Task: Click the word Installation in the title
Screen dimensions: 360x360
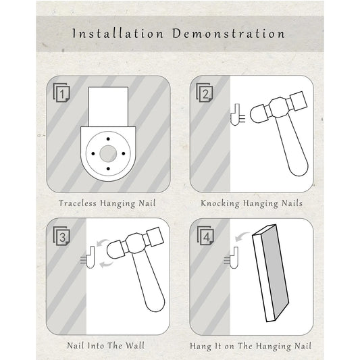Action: pos(118,34)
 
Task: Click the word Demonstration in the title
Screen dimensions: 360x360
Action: pos(229,34)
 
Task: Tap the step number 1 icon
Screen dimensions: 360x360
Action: pos(61,93)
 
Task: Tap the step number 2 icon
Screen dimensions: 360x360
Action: pos(205,93)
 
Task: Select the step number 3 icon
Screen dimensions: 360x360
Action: pos(61,236)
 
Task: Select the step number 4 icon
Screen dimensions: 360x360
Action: pos(205,236)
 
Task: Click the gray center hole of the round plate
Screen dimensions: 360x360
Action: pos(108,153)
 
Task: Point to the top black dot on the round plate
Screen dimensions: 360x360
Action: pos(108,139)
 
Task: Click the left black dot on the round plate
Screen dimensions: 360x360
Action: pos(93,153)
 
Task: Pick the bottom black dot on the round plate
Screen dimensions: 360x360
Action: pos(108,169)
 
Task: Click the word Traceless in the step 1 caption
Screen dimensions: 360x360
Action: pos(78,203)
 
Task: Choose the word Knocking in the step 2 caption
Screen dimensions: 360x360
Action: pos(220,204)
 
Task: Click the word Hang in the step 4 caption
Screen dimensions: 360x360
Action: pos(200,346)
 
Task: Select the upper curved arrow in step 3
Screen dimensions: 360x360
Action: pos(103,242)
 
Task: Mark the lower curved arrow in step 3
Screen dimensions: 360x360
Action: pos(106,264)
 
